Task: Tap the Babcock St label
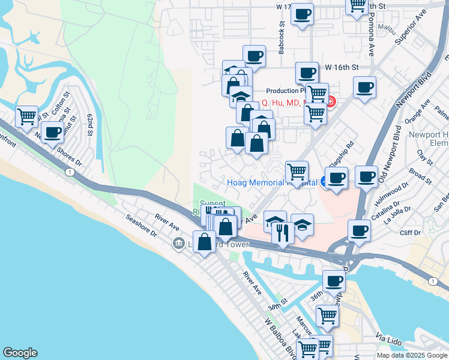(x=281, y=37)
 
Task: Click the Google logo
(x=20, y=353)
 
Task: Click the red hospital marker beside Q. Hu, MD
(x=330, y=103)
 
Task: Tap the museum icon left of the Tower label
(x=178, y=244)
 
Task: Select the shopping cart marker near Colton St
(x=26, y=116)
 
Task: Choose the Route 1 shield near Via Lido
(x=433, y=281)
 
